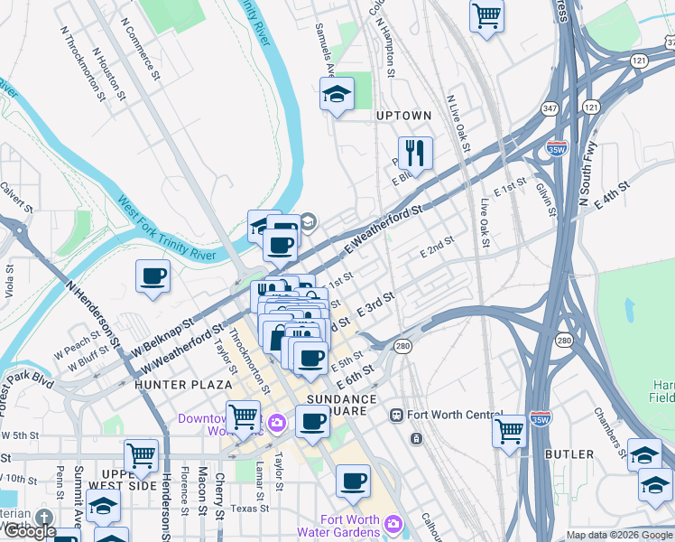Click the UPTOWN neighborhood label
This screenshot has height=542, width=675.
(x=403, y=117)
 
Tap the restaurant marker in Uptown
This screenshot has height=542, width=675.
(x=416, y=153)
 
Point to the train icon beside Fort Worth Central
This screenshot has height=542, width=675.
(x=395, y=415)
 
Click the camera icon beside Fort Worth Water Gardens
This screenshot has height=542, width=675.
(x=393, y=524)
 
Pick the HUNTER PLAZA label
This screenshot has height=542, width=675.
(x=171, y=384)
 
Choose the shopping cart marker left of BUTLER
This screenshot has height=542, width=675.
(x=509, y=430)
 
